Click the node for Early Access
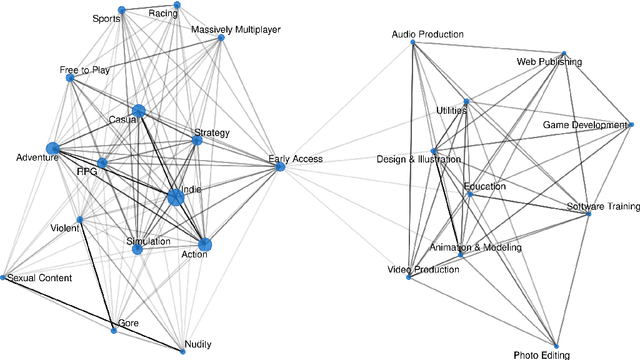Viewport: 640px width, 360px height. pyautogui.click(x=280, y=167)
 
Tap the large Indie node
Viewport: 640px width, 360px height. pyautogui.click(x=176, y=197)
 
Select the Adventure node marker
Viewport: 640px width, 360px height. pyautogui.click(x=52, y=150)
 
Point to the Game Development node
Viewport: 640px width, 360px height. pyautogui.click(x=630, y=125)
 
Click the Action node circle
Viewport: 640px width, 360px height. pyautogui.click(x=205, y=244)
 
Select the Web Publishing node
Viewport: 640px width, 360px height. pyautogui.click(x=564, y=53)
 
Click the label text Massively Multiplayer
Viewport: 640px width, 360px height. pyautogui.click(x=236, y=30)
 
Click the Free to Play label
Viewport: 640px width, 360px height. pyautogui.click(x=85, y=70)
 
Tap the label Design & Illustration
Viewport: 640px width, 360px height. pyautogui.click(x=419, y=159)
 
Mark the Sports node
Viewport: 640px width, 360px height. pyautogui.click(x=121, y=11)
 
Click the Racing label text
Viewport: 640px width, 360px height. pyautogui.click(x=162, y=15)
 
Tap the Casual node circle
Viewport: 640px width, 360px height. pyautogui.click(x=138, y=111)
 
